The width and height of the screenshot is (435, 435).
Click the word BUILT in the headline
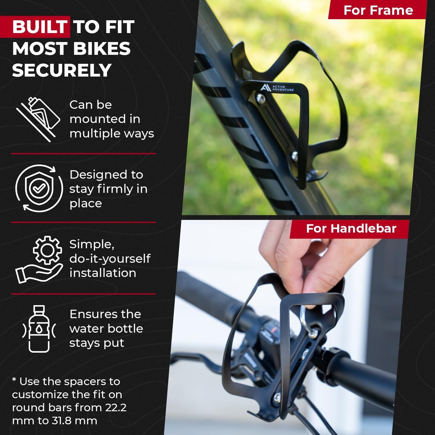40,27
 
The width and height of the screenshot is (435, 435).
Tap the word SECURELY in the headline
61,70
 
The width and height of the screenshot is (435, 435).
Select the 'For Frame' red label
378,10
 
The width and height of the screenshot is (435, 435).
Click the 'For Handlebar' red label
351,229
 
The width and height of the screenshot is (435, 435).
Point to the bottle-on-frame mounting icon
38,119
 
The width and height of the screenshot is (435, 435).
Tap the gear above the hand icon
47,250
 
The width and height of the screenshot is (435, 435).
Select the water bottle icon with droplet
39,329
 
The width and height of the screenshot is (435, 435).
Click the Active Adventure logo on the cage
277,88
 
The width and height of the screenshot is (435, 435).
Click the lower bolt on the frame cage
295,156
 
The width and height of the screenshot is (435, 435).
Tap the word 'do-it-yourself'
110,258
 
